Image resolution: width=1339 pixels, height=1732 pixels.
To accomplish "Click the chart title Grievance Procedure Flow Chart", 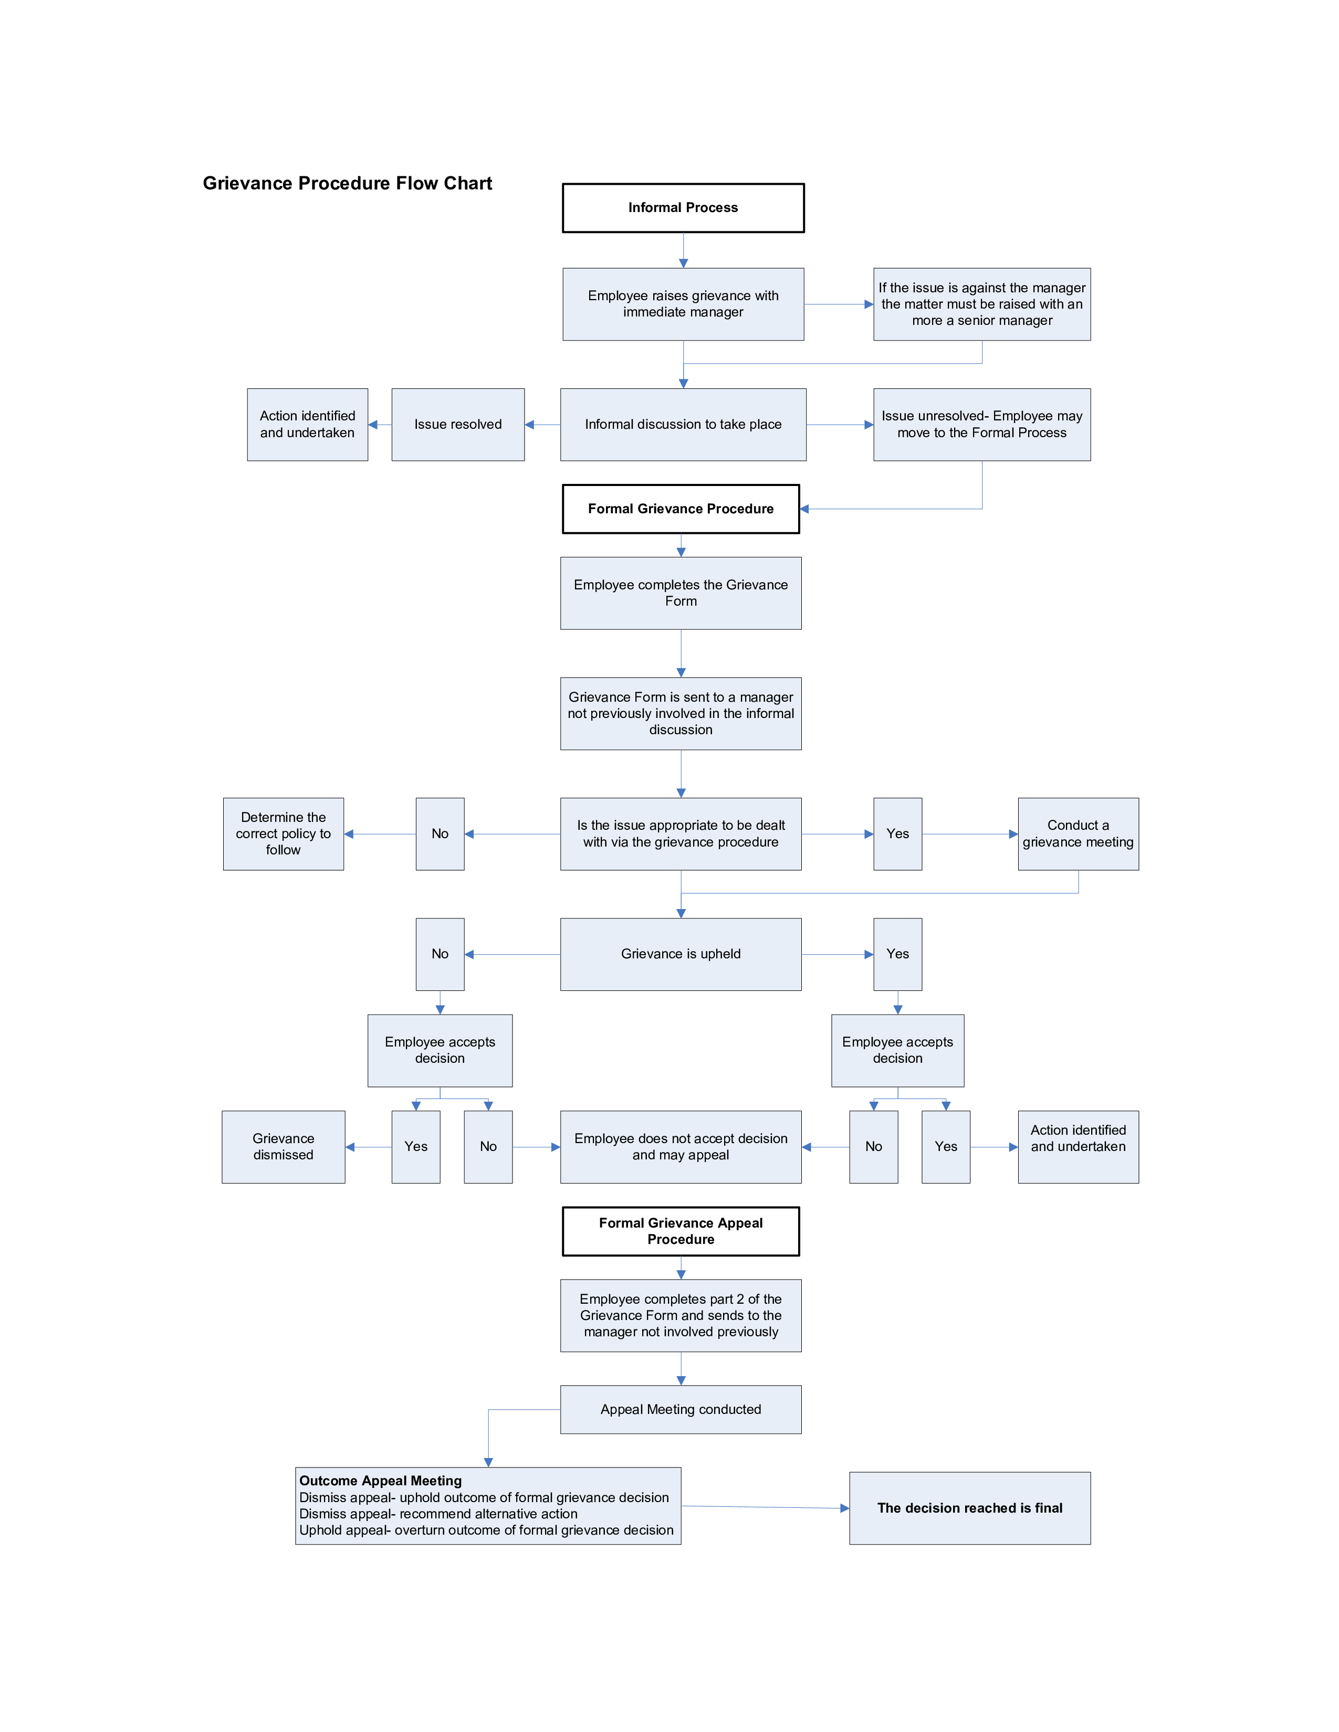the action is pyautogui.click(x=348, y=183).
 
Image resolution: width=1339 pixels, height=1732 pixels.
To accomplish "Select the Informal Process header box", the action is pyautogui.click(x=683, y=208).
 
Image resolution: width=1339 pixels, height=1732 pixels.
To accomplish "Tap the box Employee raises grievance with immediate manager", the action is pyautogui.click(x=683, y=304).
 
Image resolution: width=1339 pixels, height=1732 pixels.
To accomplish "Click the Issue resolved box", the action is pyautogui.click(x=458, y=424).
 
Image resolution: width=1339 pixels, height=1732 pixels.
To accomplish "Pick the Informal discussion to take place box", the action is pyautogui.click(x=683, y=424).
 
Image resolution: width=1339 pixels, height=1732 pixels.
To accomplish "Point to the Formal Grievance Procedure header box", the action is pyautogui.click(x=681, y=509).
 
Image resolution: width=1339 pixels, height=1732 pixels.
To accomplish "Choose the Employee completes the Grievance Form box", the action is pyautogui.click(x=681, y=593).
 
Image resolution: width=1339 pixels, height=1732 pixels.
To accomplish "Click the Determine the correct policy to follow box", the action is pyautogui.click(x=283, y=833).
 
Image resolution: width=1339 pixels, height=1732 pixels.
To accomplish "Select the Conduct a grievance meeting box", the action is pyautogui.click(x=1078, y=833).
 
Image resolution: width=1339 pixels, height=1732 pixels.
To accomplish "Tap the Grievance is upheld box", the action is pyautogui.click(x=681, y=954).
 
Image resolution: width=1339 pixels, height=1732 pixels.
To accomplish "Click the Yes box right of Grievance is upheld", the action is pyautogui.click(x=898, y=954).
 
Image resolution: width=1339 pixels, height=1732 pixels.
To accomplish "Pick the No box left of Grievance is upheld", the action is pyautogui.click(x=440, y=954).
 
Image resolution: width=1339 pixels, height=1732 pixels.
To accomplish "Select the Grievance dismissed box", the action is pyautogui.click(x=283, y=1147).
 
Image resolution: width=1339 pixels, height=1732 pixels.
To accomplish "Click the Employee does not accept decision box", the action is pyautogui.click(x=681, y=1147).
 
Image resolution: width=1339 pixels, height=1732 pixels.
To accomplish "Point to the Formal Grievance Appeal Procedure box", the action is pyautogui.click(x=681, y=1231).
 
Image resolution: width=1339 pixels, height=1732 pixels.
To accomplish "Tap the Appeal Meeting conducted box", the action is pyautogui.click(x=681, y=1409).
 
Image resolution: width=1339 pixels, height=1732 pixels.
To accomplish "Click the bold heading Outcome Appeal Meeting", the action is pyautogui.click(x=380, y=1481).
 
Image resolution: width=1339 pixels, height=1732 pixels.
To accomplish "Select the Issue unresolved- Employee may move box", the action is pyautogui.click(x=982, y=424).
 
